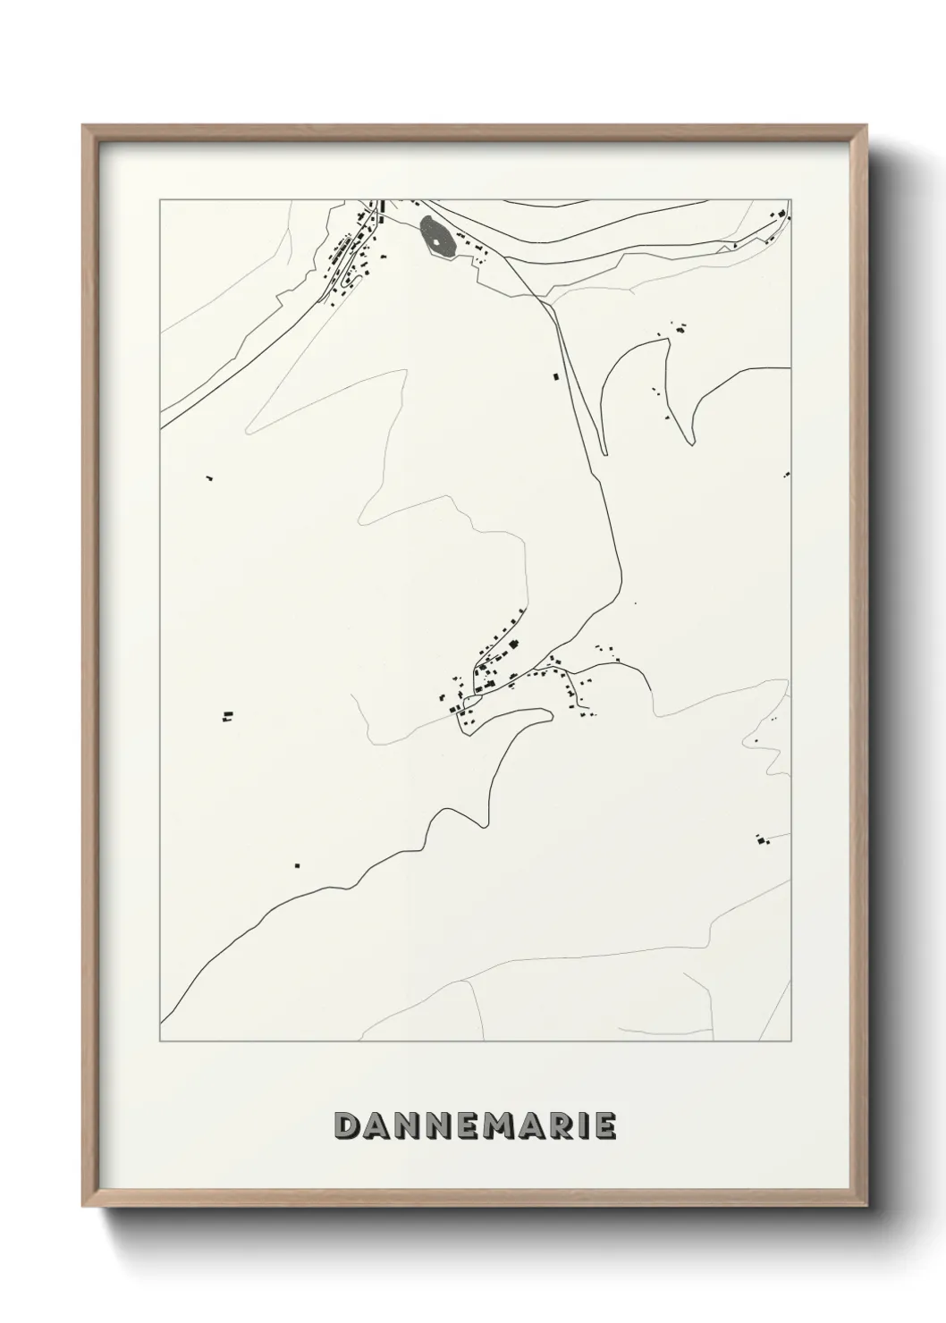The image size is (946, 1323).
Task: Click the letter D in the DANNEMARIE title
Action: coord(346,1126)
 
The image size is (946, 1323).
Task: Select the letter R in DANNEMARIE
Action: coord(554,1126)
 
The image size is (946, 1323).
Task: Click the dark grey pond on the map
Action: coord(436,237)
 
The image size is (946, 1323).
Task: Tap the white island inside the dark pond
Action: coord(435,240)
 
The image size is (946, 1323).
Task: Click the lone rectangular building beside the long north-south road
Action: coord(555,378)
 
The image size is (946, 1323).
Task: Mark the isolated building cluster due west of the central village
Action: coord(228,715)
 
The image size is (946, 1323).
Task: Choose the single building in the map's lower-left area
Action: coord(298,865)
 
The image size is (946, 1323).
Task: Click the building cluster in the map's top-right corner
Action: coord(781,215)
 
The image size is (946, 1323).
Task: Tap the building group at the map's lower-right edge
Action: coord(762,840)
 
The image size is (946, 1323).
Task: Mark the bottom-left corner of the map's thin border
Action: coord(160,1041)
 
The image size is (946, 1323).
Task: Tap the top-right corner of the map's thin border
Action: coord(790,200)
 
